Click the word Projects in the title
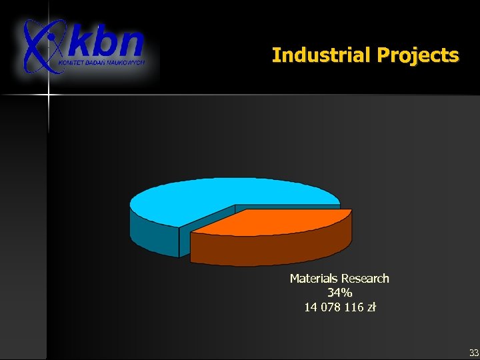tap(417, 55)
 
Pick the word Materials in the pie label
tap(313, 279)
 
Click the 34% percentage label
tap(339, 293)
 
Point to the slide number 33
tap(473, 352)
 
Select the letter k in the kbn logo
tap(81, 44)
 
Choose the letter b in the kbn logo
tap(105, 43)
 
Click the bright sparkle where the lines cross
tap(48, 96)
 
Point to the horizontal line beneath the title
tap(267, 95)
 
